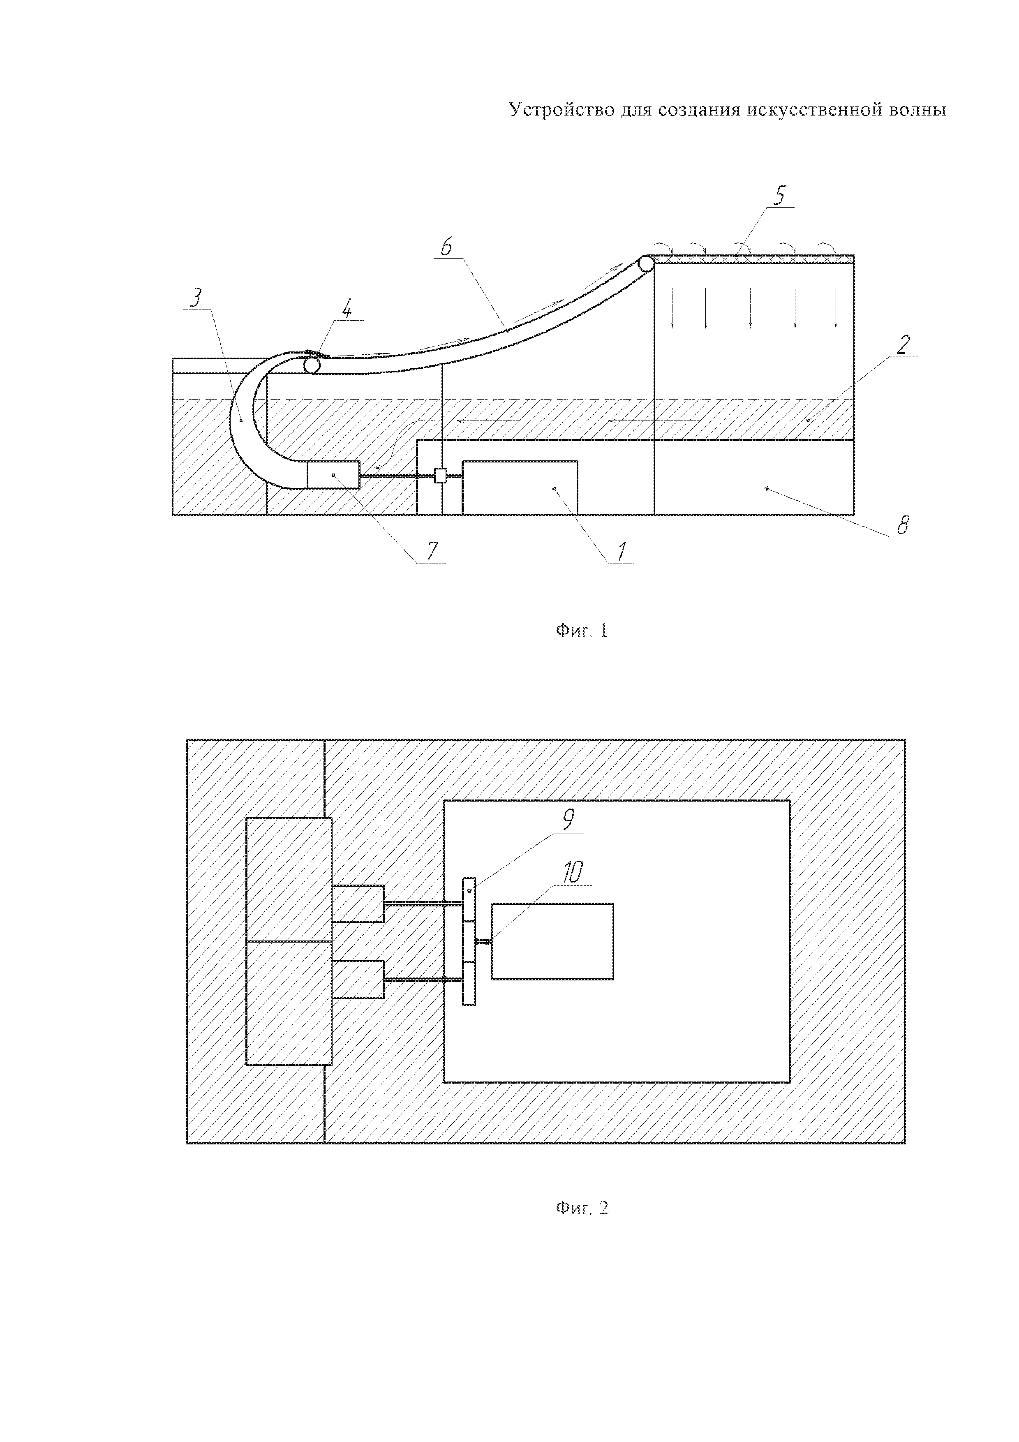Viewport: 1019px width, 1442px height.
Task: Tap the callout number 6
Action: click(x=446, y=247)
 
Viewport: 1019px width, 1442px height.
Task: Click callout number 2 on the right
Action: click(x=902, y=345)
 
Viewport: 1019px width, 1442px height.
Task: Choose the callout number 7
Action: click(x=432, y=551)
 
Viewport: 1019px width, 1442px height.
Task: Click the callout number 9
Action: click(x=568, y=820)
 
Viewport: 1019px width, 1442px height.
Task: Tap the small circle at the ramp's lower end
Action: click(x=312, y=364)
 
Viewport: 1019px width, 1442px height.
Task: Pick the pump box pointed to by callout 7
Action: click(x=333, y=475)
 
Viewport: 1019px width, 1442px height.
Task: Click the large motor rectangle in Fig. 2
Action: click(x=552, y=941)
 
